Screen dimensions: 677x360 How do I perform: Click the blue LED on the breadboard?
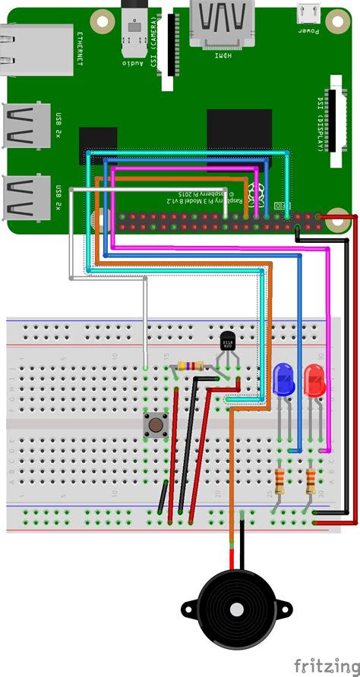[283, 377]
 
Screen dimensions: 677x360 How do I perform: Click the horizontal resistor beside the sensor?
[188, 367]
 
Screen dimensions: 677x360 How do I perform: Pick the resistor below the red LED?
[310, 481]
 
